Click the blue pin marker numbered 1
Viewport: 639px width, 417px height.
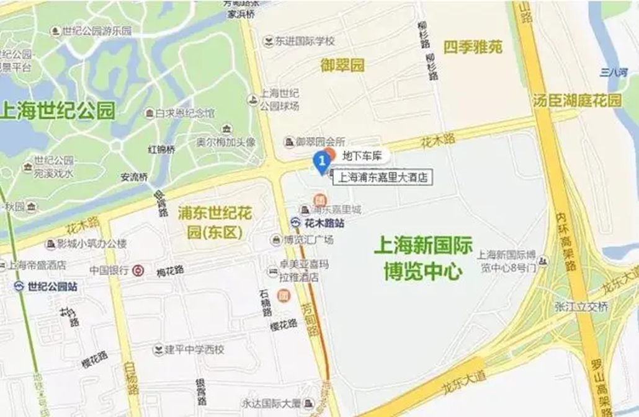[x=321, y=162]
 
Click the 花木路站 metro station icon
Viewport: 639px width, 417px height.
[x=297, y=222]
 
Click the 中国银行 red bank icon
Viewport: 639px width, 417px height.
[x=139, y=270]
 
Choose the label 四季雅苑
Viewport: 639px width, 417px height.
[x=473, y=47]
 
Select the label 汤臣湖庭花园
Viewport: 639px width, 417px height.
[x=576, y=100]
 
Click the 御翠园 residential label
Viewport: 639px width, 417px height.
[x=342, y=65]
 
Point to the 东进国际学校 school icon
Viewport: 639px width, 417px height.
[x=268, y=42]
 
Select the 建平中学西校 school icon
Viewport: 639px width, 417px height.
[x=158, y=349]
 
